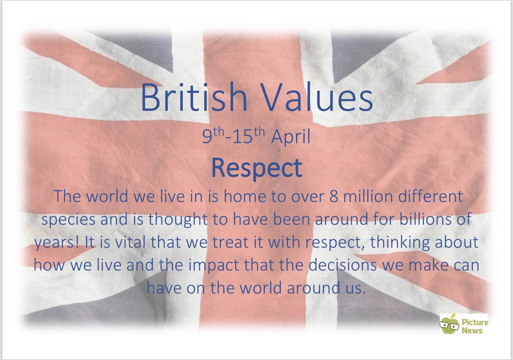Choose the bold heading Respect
[x=257, y=168]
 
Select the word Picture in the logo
[x=475, y=322]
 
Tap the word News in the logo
[x=472, y=331]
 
